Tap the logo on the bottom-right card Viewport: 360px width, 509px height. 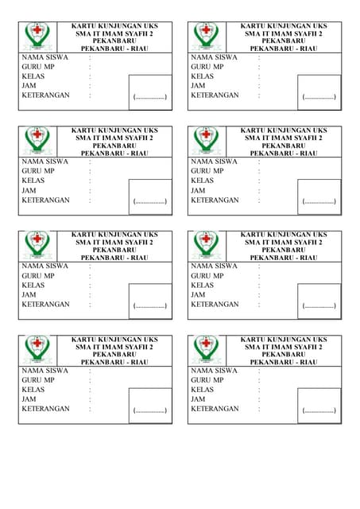point(207,349)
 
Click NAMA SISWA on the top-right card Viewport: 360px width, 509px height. point(214,57)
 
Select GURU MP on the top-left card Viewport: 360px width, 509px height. point(38,67)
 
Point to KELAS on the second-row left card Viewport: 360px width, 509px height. point(33,181)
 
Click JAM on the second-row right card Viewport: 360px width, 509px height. point(199,191)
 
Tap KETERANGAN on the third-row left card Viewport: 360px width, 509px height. point(45,305)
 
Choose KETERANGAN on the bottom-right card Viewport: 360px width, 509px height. point(215,409)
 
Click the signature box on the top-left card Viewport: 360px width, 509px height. point(149,91)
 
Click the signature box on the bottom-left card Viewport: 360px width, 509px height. point(149,405)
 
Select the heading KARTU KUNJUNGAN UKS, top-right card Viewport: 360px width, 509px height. point(284,26)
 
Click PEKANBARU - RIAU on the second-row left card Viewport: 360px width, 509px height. point(114,153)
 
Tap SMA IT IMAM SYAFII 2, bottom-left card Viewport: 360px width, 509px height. point(114,347)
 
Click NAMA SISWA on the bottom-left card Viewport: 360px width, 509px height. point(45,371)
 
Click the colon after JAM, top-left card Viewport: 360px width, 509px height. point(90,86)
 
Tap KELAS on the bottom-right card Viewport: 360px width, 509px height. point(203,390)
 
